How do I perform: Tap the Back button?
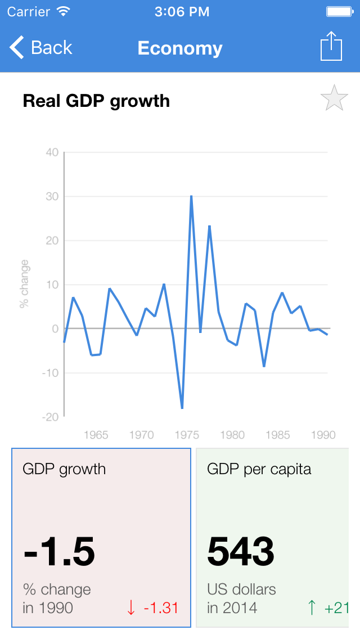(x=40, y=48)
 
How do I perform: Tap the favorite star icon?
(x=334, y=98)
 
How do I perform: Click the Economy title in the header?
(x=180, y=48)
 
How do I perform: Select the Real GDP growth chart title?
(x=96, y=101)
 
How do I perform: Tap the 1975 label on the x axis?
(x=187, y=435)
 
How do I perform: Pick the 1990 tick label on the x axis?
(x=323, y=435)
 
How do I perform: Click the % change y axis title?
(x=24, y=283)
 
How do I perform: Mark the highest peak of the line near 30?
(x=191, y=196)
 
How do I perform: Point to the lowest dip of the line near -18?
(x=182, y=408)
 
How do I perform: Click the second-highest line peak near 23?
(x=209, y=226)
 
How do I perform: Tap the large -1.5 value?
(x=59, y=551)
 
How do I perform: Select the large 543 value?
(x=241, y=551)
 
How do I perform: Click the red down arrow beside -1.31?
(x=131, y=607)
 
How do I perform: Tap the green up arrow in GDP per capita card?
(x=312, y=607)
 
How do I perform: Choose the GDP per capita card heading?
(x=259, y=469)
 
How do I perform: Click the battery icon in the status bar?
(x=339, y=11)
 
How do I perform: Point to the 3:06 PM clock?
(x=182, y=11)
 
